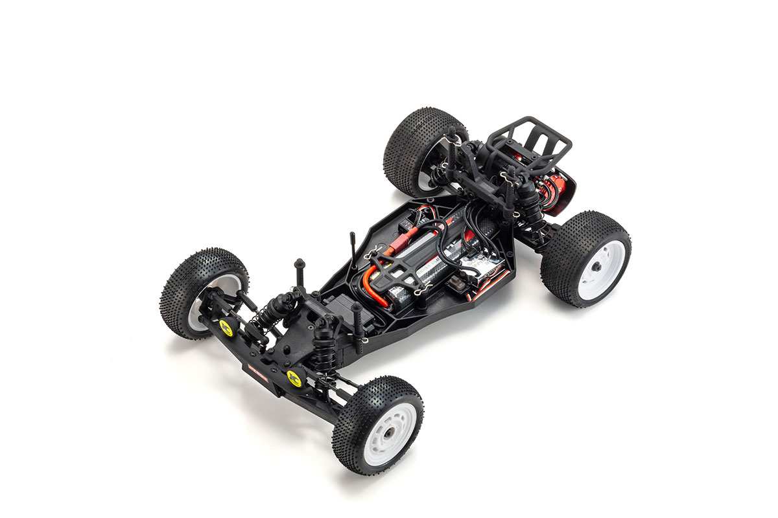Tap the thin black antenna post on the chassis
[353, 249]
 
